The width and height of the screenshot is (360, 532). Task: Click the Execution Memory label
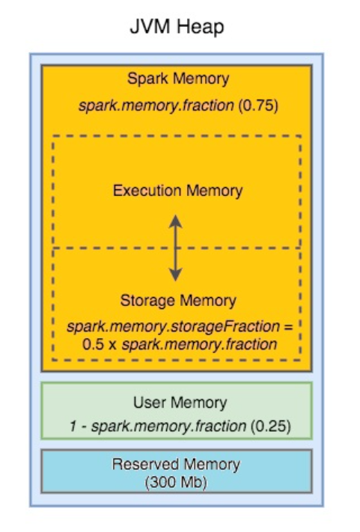click(177, 191)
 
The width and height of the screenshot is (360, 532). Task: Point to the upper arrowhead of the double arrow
click(175, 219)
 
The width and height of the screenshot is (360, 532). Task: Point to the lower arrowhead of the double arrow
click(175, 275)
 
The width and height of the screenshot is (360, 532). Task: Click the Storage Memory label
click(177, 301)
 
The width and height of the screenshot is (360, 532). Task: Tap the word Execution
click(146, 191)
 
